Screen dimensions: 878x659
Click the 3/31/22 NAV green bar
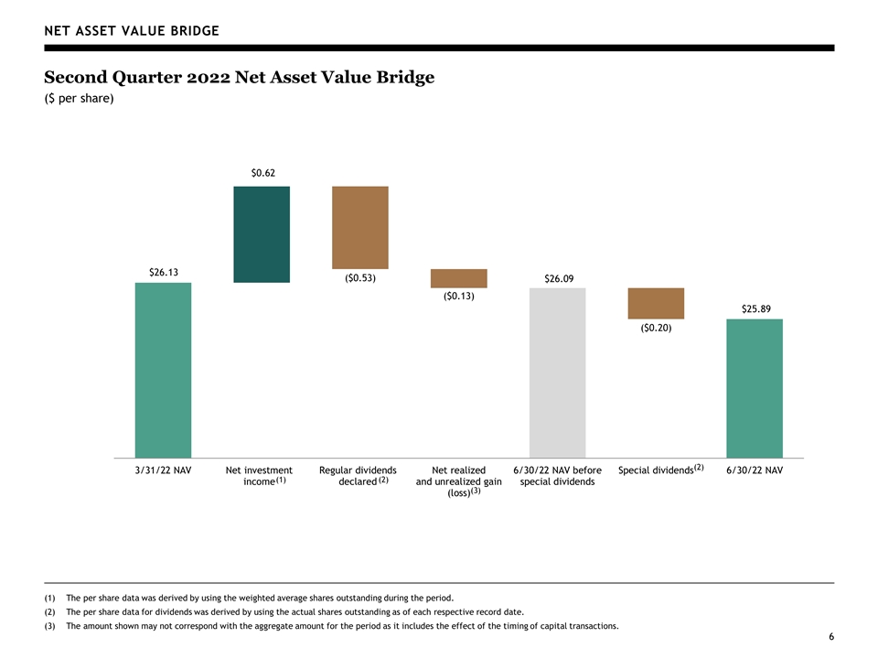point(163,370)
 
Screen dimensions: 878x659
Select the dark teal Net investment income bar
point(262,234)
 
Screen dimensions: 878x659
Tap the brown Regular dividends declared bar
point(360,228)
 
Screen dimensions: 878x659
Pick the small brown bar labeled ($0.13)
point(458,278)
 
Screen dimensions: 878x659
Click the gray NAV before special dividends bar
point(558,373)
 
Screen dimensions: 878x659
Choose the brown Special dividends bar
point(656,303)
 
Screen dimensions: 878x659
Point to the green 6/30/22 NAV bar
point(755,388)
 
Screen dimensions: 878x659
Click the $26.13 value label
point(164,273)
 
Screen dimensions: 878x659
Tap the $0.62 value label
point(263,173)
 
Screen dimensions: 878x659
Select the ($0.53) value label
point(360,278)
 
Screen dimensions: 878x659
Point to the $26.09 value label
point(559,278)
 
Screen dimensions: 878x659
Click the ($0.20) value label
point(657,328)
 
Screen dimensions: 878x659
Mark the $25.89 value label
point(756,308)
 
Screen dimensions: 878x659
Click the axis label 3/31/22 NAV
point(163,470)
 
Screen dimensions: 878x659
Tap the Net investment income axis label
point(259,476)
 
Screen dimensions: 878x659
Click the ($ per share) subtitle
point(79,99)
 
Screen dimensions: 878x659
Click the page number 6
point(831,637)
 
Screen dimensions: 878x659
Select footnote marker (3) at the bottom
point(49,626)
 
